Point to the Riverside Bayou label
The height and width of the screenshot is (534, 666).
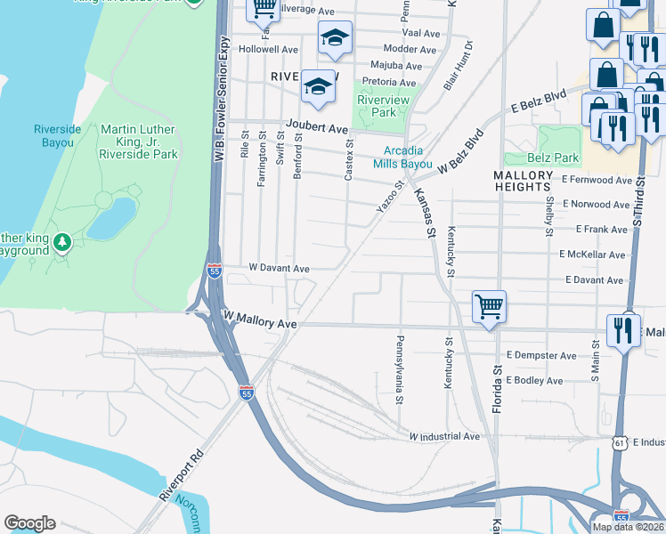click(x=58, y=135)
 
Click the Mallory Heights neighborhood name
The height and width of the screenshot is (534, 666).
click(x=523, y=181)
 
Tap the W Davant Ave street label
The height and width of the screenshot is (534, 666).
click(x=279, y=268)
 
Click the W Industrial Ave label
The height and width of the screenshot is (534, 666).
click(x=444, y=436)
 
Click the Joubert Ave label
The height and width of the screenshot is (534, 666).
click(x=316, y=128)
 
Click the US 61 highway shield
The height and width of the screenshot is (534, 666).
click(x=619, y=442)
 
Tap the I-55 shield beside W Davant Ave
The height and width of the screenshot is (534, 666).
click(x=215, y=271)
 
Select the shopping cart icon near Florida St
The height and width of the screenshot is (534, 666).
click(x=489, y=307)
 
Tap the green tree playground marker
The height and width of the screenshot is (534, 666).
click(x=61, y=241)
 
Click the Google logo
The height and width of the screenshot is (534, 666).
click(x=29, y=523)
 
